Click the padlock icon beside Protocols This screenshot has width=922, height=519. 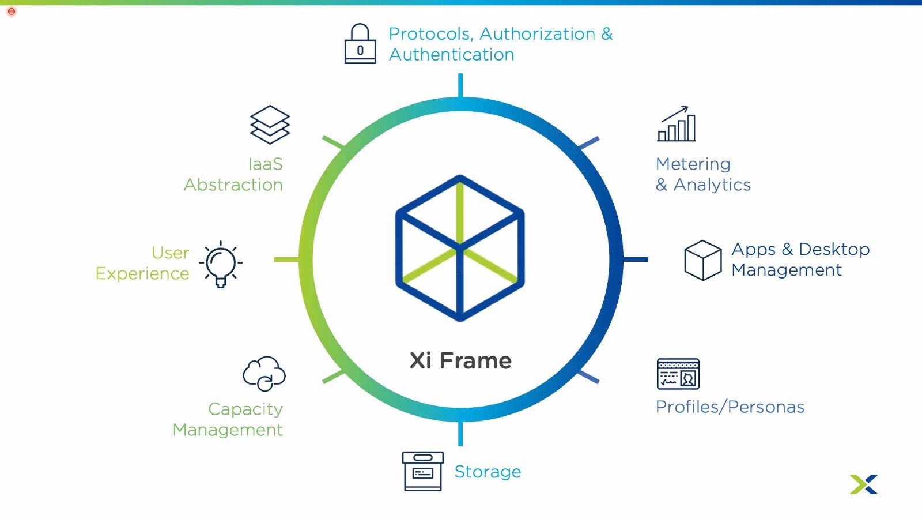tap(360, 44)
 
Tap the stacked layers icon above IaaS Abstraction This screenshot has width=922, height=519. tap(270, 125)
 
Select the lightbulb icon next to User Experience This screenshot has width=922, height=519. tap(221, 264)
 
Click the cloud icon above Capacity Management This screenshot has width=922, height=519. tap(264, 374)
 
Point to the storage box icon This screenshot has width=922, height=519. tap(422, 471)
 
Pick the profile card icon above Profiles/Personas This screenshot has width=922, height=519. tap(678, 374)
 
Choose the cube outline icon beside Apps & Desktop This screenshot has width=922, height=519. tap(702, 260)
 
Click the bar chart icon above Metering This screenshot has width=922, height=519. tap(677, 125)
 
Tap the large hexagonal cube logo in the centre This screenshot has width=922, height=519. tap(460, 248)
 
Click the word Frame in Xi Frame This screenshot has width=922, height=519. tap(475, 361)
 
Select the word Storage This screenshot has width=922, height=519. tap(488, 472)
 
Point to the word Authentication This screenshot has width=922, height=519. tap(452, 55)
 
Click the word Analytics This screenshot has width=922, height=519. tap(712, 185)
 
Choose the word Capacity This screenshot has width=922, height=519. tap(245, 409)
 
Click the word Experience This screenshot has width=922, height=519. tap(142, 274)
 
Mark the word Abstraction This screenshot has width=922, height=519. tap(233, 185)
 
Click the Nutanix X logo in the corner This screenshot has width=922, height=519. tap(863, 484)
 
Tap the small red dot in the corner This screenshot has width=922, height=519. tap(12, 12)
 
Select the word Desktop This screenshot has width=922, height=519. tap(834, 249)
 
